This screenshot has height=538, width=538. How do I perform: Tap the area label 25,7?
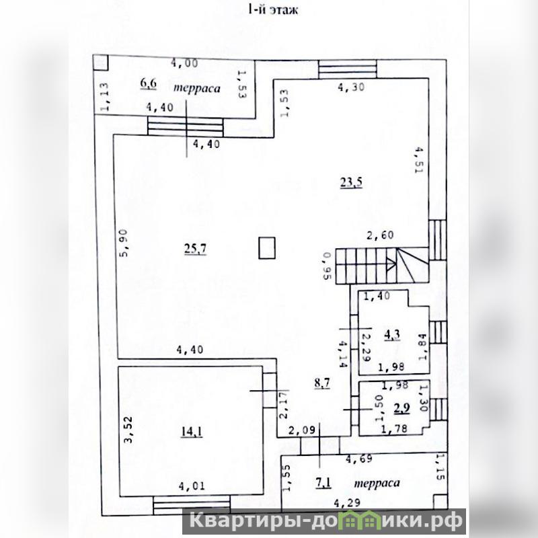click(x=194, y=248)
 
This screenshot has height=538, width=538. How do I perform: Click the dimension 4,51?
click(x=418, y=160)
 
